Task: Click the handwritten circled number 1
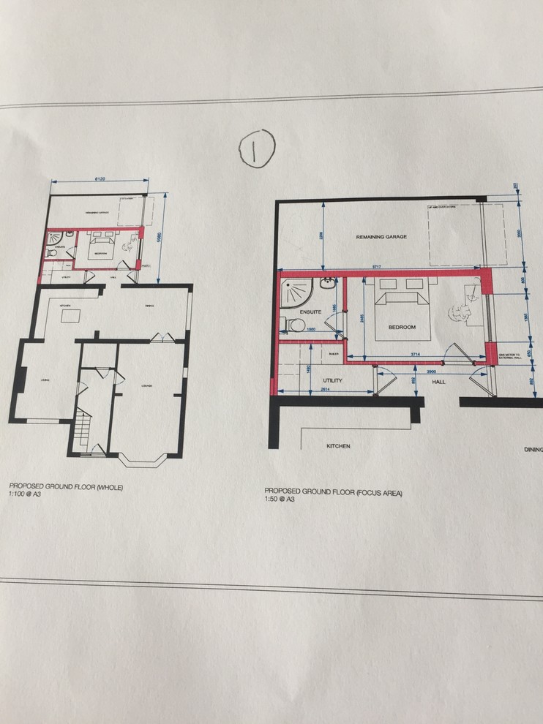click(x=255, y=148)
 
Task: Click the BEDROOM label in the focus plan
click(x=402, y=328)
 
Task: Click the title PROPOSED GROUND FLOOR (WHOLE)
click(x=66, y=486)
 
